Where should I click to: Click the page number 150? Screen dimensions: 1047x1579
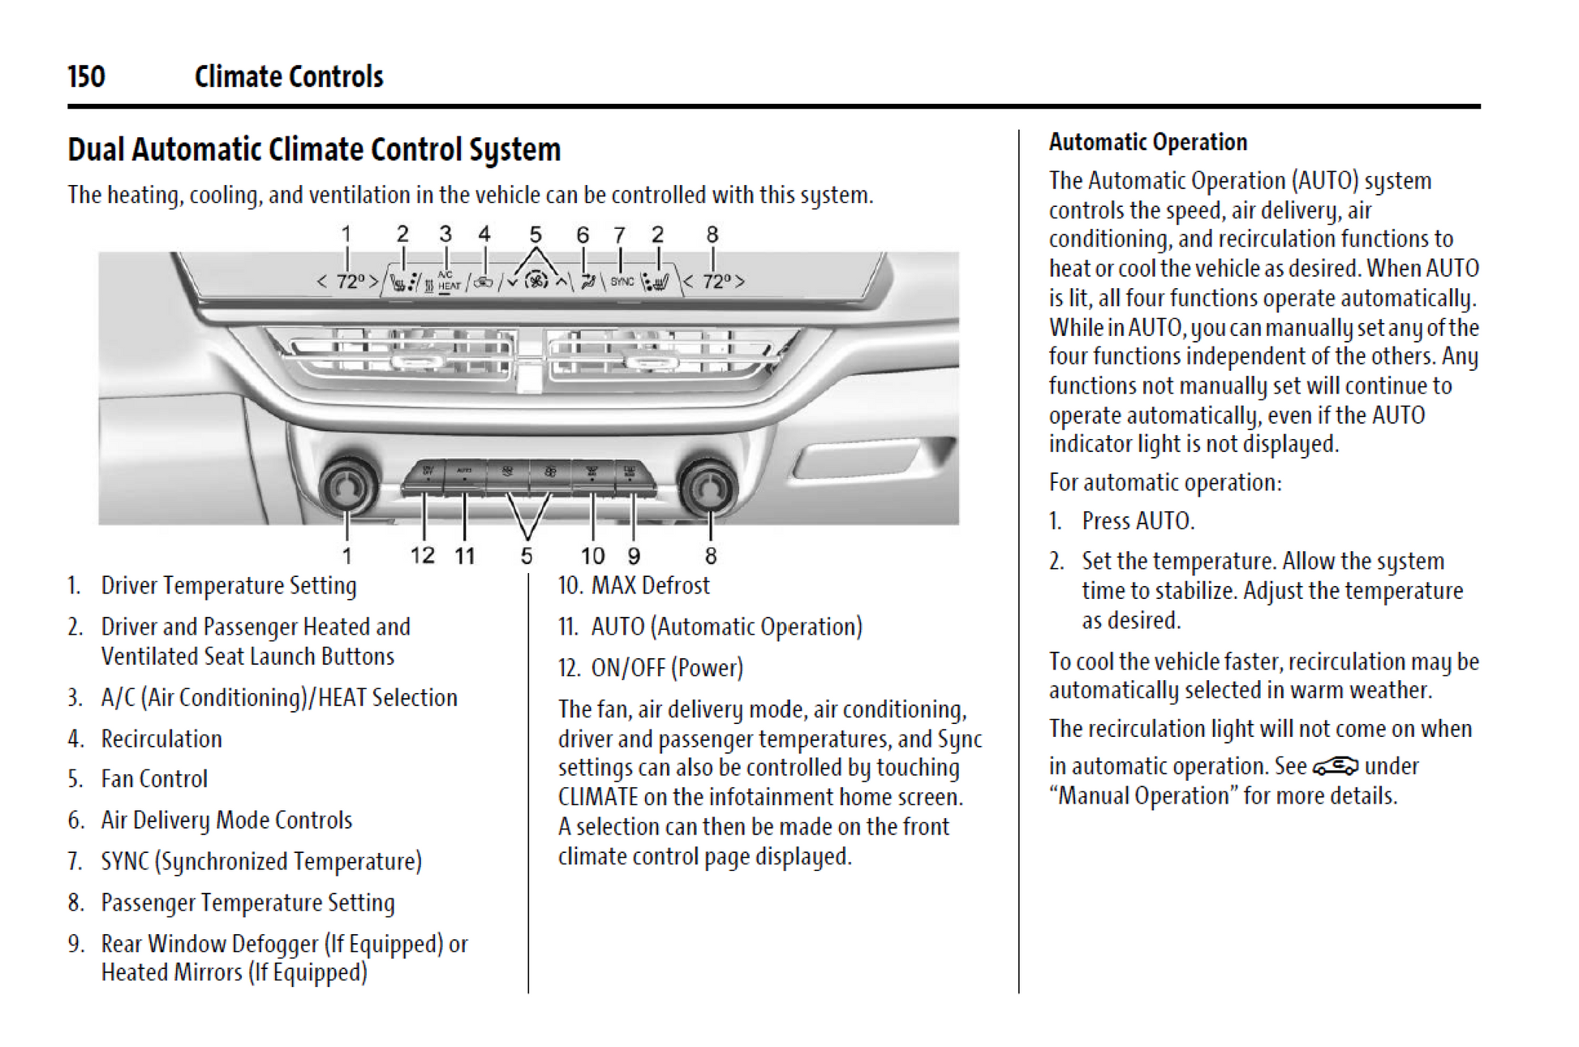(86, 77)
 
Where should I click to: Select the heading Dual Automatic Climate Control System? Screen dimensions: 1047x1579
(314, 150)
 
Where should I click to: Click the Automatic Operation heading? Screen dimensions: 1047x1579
(1147, 143)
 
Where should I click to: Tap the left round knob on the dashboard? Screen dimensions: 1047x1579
(348, 487)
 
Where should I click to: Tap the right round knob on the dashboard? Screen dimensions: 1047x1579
(709, 487)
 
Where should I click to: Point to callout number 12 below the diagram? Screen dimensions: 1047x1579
(422, 555)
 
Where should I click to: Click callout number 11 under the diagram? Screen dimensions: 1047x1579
(464, 555)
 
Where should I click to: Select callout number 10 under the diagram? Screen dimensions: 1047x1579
(592, 556)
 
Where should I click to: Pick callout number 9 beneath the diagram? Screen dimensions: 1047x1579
(634, 556)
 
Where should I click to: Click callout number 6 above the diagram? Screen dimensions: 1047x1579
(583, 235)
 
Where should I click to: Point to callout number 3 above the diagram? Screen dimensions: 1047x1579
(445, 235)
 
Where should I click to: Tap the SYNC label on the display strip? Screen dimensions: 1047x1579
(622, 282)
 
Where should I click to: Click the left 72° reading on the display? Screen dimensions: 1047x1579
(351, 282)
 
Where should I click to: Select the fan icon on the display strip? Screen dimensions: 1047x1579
(536, 281)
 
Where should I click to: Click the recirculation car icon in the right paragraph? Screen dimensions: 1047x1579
(1335, 765)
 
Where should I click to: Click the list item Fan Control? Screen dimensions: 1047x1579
(153, 779)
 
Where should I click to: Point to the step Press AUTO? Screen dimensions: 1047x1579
(1138, 521)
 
